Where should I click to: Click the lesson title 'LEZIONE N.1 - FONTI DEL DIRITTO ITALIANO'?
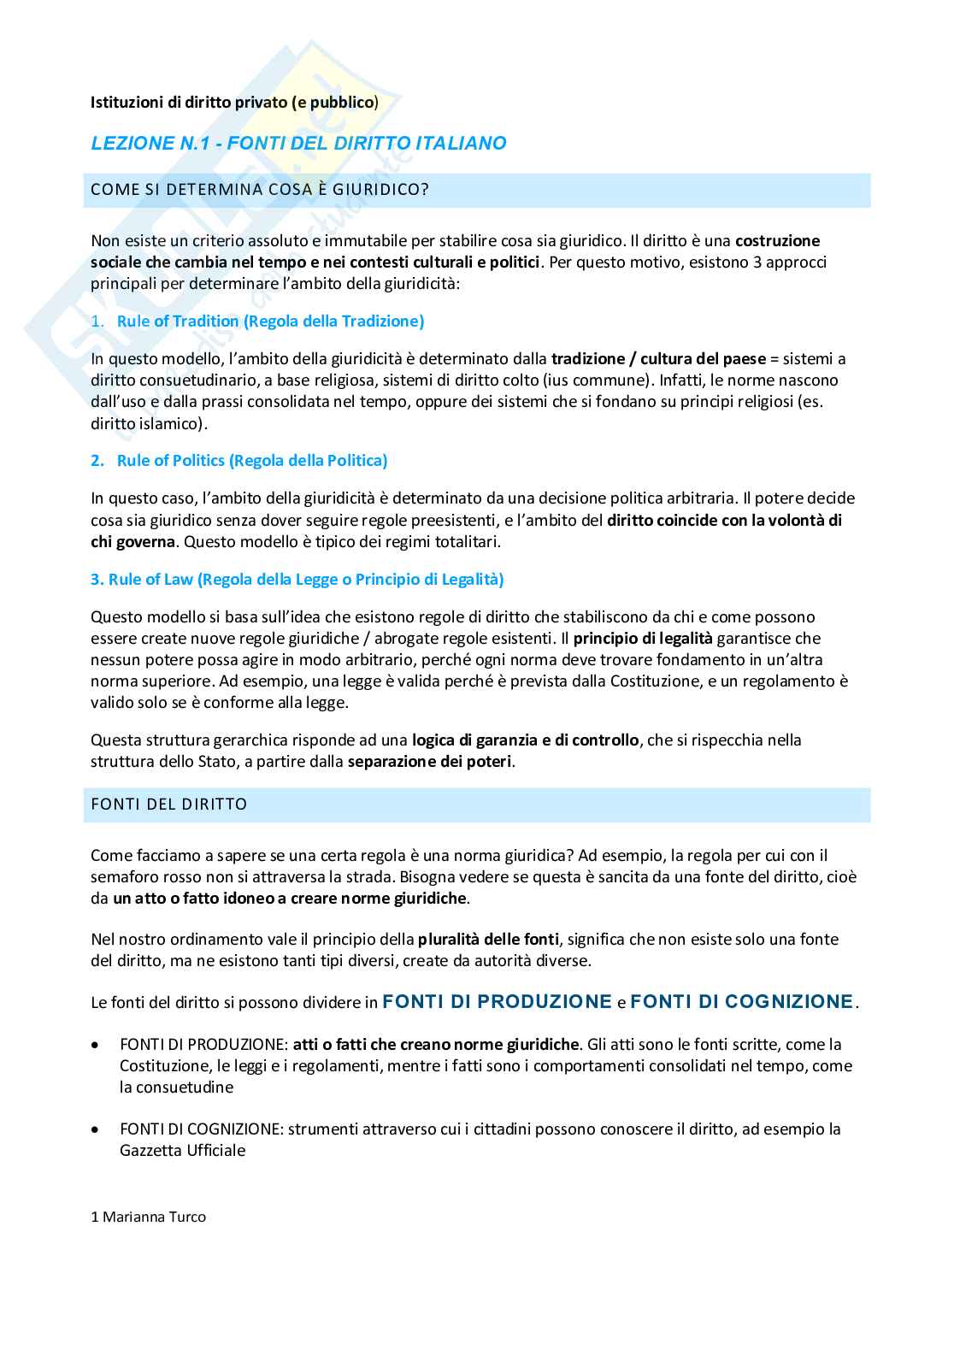coord(298,144)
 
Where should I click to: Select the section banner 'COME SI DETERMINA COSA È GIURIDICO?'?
coord(260,190)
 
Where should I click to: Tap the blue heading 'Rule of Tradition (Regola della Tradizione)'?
coord(270,321)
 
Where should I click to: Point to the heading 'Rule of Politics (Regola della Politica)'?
coord(251,461)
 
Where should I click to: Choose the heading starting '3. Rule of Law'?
coord(297,580)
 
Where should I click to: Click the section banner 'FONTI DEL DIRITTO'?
coord(168,805)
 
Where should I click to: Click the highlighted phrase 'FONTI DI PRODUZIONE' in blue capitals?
coord(498,1002)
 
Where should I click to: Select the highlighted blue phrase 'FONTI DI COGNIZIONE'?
coord(741,1002)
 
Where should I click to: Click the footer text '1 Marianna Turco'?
coord(148,1217)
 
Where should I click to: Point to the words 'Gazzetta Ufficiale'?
coord(182,1151)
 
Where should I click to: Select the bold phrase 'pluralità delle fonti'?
coord(488,940)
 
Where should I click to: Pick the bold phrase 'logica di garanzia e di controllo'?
coord(525,740)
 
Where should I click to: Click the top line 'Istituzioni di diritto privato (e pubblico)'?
coord(234,103)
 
